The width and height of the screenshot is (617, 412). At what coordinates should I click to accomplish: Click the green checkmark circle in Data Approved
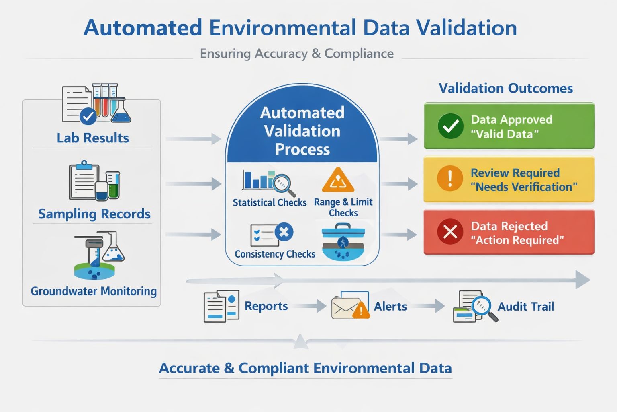pyautogui.click(x=450, y=126)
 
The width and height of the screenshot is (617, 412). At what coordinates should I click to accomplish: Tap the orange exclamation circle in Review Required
pyautogui.click(x=450, y=178)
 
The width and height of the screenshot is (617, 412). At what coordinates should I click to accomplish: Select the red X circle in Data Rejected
pyautogui.click(x=450, y=232)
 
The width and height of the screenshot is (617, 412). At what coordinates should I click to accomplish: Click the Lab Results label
pyautogui.click(x=93, y=138)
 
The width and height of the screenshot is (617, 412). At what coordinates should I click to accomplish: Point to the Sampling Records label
pyautogui.click(x=94, y=214)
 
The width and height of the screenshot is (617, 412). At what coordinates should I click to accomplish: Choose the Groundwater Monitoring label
pyautogui.click(x=94, y=291)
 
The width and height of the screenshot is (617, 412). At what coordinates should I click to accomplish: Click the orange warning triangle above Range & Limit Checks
pyautogui.click(x=338, y=180)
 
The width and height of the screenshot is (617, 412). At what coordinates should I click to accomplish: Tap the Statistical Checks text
pyautogui.click(x=270, y=202)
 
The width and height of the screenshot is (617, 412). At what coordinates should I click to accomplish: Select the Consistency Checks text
pyautogui.click(x=275, y=254)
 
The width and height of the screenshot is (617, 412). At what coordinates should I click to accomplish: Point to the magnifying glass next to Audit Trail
pyautogui.click(x=482, y=307)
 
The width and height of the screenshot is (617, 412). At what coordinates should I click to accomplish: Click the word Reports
pyautogui.click(x=266, y=306)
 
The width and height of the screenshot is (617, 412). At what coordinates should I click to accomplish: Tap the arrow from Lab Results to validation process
pyautogui.click(x=194, y=139)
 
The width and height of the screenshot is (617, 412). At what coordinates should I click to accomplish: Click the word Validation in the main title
pyautogui.click(x=466, y=28)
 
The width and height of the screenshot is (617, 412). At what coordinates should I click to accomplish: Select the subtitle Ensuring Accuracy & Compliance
pyautogui.click(x=296, y=54)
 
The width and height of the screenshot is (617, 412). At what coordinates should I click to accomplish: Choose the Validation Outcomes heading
pyautogui.click(x=505, y=88)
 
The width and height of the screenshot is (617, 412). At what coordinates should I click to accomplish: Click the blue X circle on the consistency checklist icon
pyautogui.click(x=284, y=232)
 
